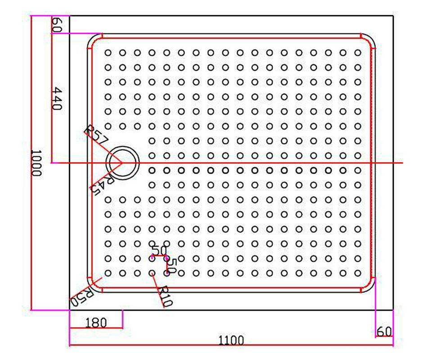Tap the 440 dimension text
58,99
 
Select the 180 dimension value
95,322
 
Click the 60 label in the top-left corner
57,25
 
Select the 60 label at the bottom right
383,332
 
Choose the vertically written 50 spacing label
172,264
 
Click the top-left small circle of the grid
108,53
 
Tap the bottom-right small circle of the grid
357,273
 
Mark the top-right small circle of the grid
357,53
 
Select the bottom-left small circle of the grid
108,273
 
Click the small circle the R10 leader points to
152,273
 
